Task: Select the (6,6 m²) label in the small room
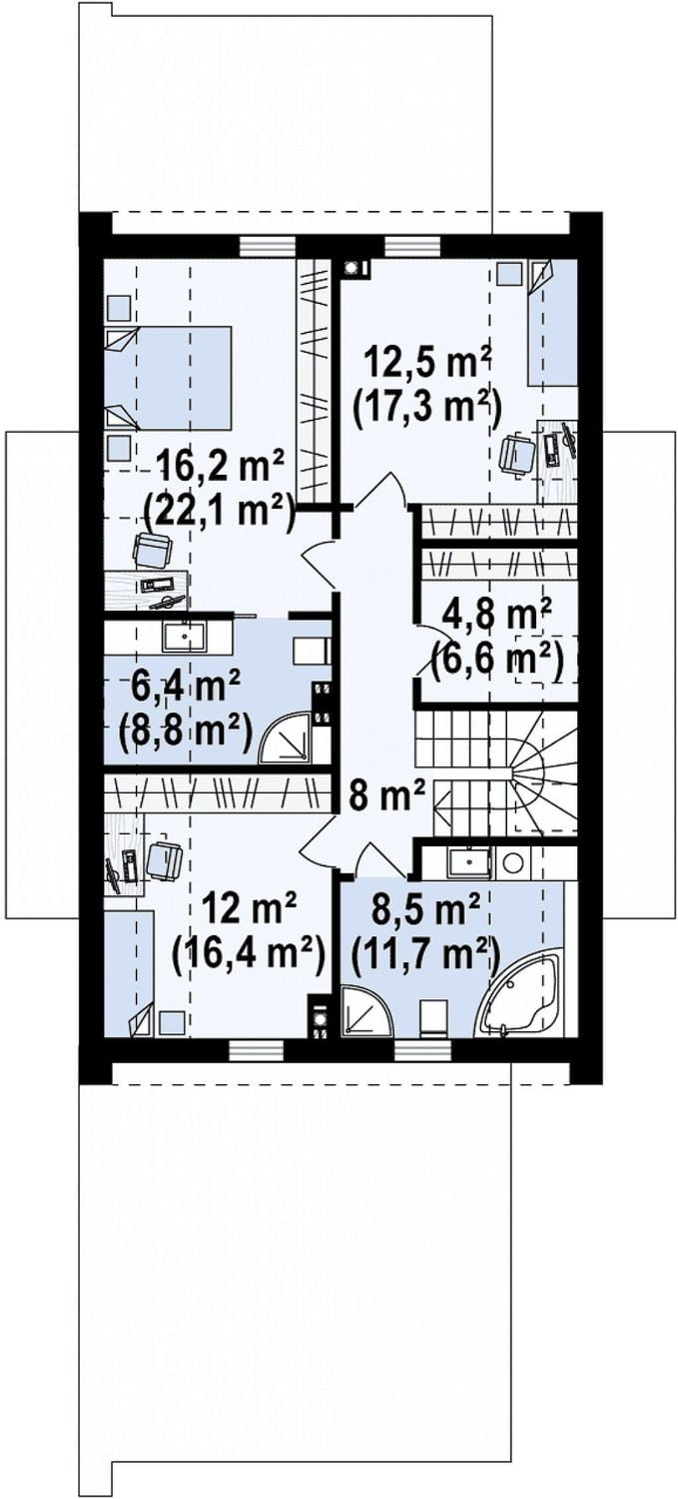495,663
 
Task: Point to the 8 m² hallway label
387,796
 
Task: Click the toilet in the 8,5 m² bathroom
434,1018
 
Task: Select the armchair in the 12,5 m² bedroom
516,453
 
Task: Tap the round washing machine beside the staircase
513,862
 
